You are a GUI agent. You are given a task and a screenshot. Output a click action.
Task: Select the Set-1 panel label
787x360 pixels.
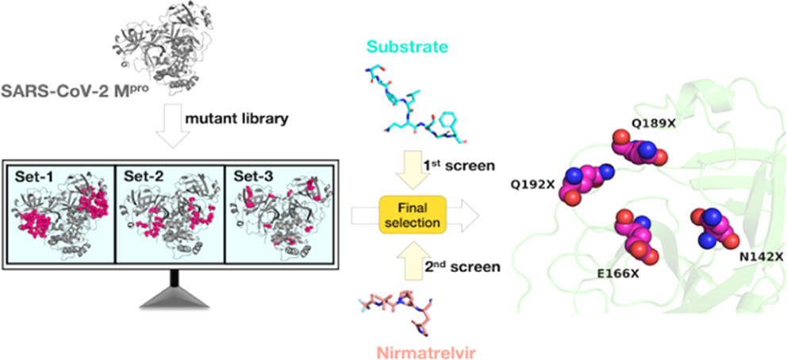click(x=33, y=174)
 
